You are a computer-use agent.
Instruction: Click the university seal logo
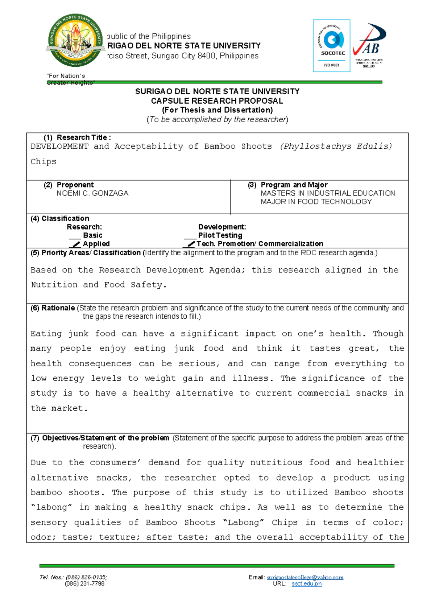76,41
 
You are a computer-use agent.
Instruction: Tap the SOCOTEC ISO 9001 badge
331,46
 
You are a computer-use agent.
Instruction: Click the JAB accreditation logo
369,46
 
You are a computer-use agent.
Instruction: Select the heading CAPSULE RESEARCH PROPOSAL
217,101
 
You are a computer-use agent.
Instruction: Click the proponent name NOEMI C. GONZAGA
92,193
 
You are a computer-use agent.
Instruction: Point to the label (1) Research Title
77,137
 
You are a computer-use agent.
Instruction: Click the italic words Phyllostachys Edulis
336,146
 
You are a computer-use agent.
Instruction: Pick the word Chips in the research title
43,162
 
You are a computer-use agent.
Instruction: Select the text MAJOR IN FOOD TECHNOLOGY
316,202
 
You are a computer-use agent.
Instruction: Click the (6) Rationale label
53,308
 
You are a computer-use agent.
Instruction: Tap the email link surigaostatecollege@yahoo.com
305,577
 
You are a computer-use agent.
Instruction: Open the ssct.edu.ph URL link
306,584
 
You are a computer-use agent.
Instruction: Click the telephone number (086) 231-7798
84,584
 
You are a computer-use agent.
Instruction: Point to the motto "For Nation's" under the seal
66,76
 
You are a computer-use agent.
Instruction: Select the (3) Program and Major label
288,185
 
